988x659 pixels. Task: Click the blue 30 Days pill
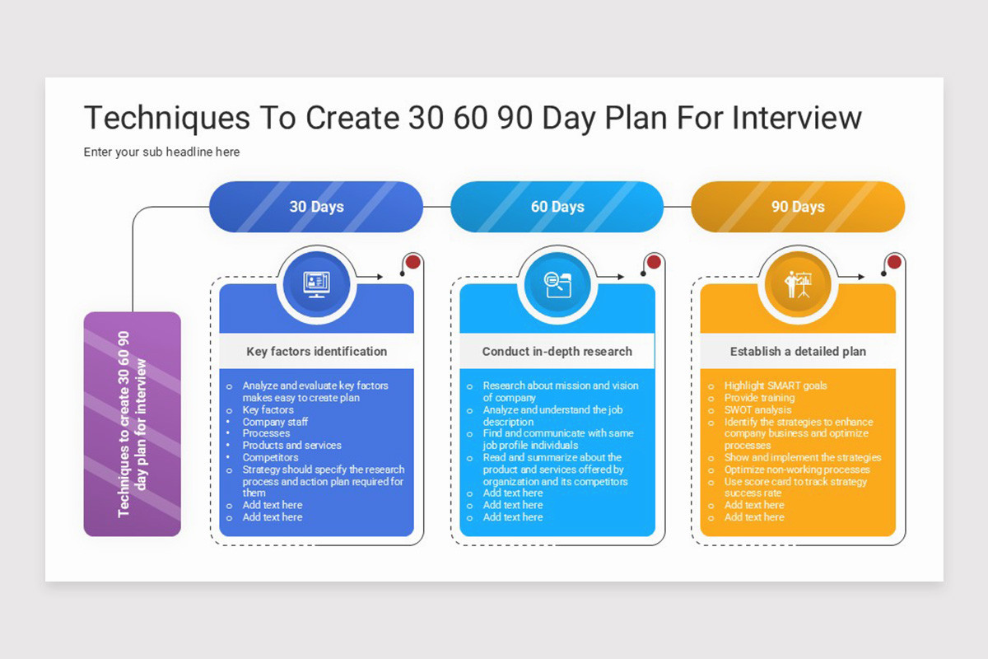(316, 207)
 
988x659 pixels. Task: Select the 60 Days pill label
(557, 207)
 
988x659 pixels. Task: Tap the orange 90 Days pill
(798, 207)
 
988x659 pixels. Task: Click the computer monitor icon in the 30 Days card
(316, 284)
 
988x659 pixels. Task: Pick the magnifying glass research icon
(557, 284)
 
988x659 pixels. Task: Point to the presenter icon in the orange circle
(798, 284)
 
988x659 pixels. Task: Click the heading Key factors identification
(316, 352)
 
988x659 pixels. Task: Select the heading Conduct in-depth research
(557, 352)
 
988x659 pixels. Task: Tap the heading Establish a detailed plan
(798, 352)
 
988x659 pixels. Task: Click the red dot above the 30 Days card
(413, 262)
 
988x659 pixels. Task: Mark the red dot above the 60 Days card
(654, 262)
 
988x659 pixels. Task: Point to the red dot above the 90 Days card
(894, 262)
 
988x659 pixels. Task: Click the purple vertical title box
(133, 423)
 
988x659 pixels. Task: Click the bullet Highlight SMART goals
(776, 386)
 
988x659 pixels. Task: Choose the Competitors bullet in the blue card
(270, 457)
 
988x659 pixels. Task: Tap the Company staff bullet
(275, 422)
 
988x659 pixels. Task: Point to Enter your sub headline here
(161, 152)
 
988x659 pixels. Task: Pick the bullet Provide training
(759, 398)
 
